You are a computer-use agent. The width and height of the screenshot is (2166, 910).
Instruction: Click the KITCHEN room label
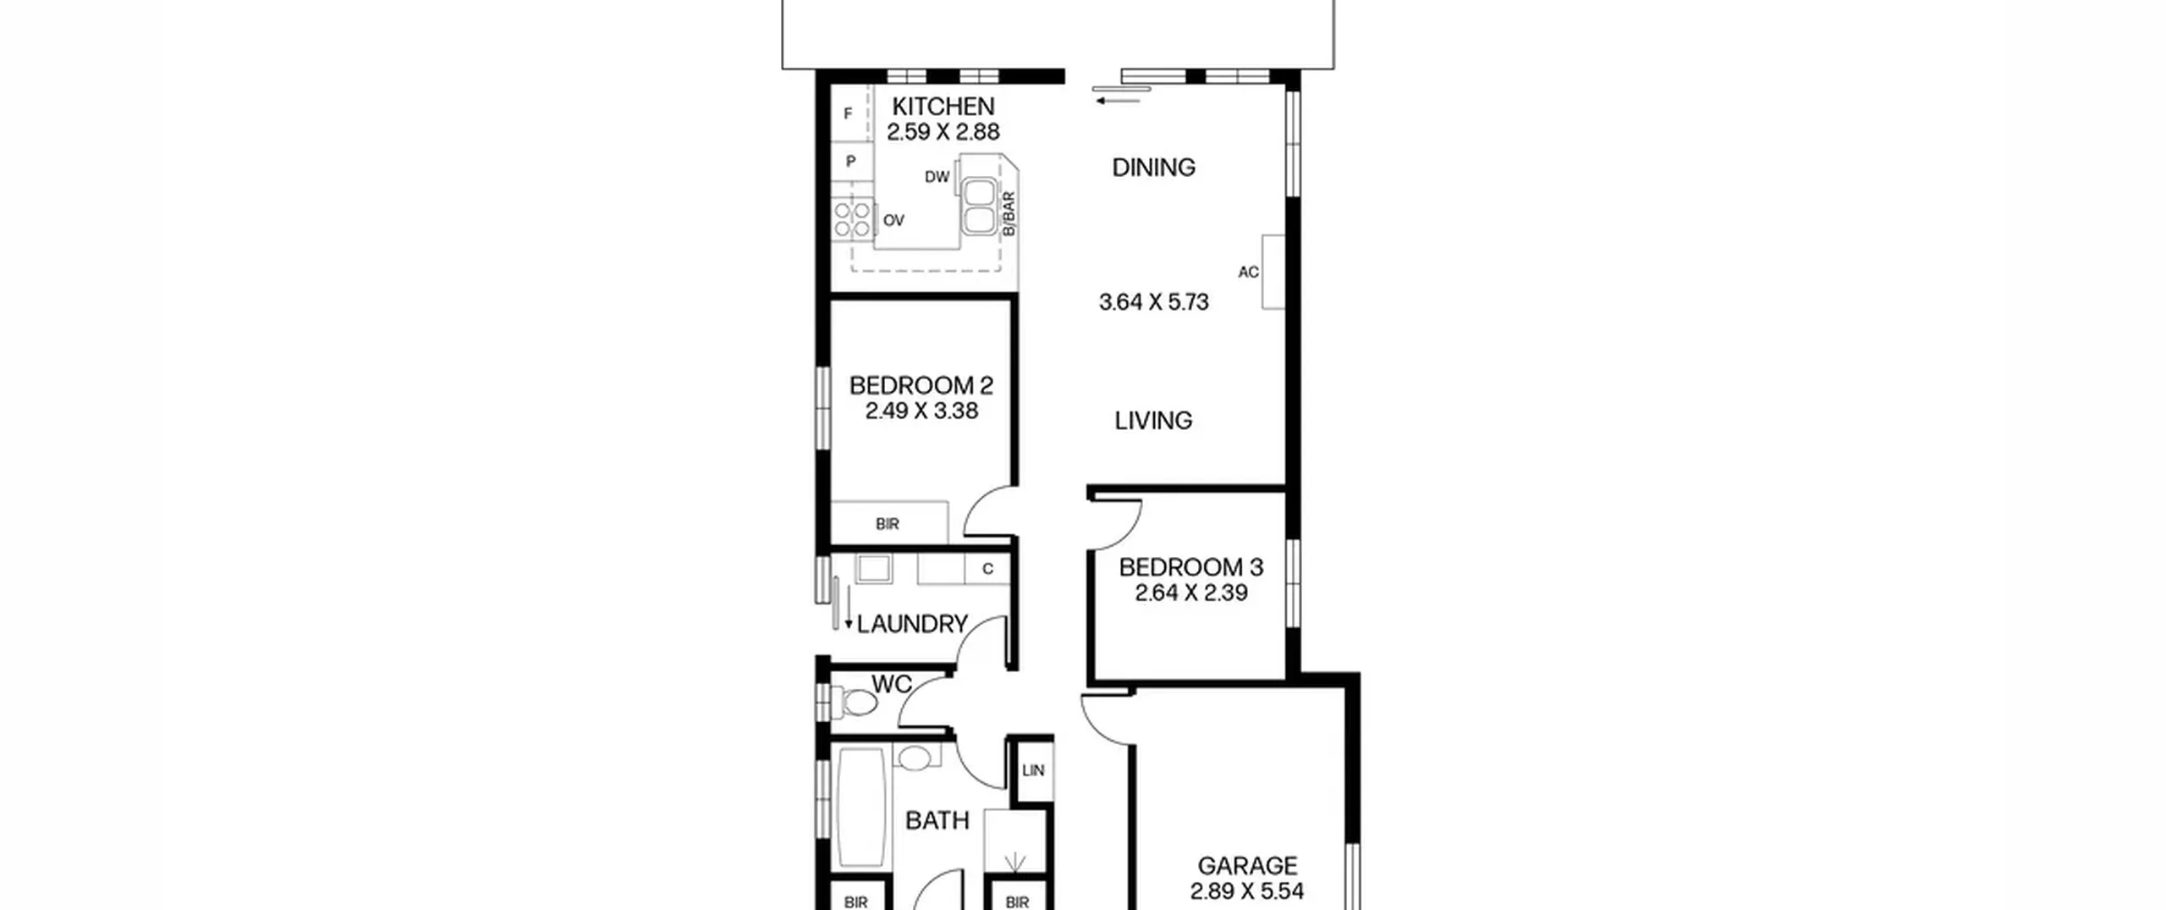pos(943,107)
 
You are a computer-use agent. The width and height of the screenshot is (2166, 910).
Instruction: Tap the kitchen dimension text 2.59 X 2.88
pos(943,132)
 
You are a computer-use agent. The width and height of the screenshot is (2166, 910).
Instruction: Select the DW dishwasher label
pos(937,177)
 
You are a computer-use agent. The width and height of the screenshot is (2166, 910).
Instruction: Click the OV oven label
pos(893,221)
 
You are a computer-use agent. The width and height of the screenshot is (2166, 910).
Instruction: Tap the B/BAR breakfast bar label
pos(1008,214)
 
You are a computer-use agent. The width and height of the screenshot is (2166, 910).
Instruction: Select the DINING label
pos(1153,168)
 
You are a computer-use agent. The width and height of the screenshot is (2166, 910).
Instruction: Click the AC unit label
pos(1248,273)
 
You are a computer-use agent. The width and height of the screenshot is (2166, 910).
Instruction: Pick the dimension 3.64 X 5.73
pos(1153,302)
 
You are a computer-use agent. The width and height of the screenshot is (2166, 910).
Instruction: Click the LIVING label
pos(1153,421)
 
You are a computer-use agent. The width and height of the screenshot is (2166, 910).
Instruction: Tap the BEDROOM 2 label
pos(921,386)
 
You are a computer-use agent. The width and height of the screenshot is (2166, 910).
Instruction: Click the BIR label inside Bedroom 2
pos(888,525)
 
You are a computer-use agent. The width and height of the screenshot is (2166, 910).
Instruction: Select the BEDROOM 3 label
pos(1191,567)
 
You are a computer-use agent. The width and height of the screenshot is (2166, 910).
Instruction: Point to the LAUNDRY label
pos(912,625)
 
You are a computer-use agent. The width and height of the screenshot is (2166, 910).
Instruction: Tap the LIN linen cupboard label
pos(1033,771)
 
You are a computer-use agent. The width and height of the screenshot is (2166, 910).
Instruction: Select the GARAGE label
pos(1247,866)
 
